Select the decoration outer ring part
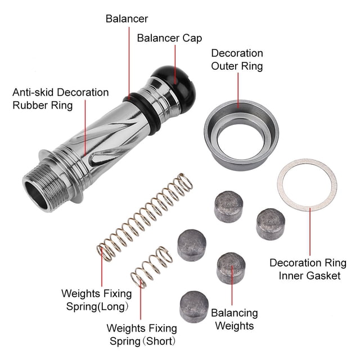pyautogui.click(x=241, y=135)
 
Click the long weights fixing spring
pyautogui.click(x=145, y=217)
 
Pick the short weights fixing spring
pyautogui.click(x=151, y=267)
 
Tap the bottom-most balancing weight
pyautogui.click(x=194, y=307)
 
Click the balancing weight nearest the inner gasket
pyautogui.click(x=271, y=224)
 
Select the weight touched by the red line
pyautogui.click(x=231, y=268)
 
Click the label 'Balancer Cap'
pyautogui.click(x=169, y=38)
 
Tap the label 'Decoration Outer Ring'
pyautogui.click(x=237, y=60)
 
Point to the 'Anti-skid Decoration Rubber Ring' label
pyautogui.click(x=61, y=99)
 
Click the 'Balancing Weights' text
pyautogui.click(x=235, y=319)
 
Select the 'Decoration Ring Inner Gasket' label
pyautogui.click(x=308, y=269)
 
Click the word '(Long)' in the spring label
pyautogui.click(x=112, y=307)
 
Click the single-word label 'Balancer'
pyautogui.click(x=127, y=19)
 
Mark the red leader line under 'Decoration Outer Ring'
pyautogui.click(x=238, y=91)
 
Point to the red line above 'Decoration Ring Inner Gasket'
pyautogui.click(x=310, y=232)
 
